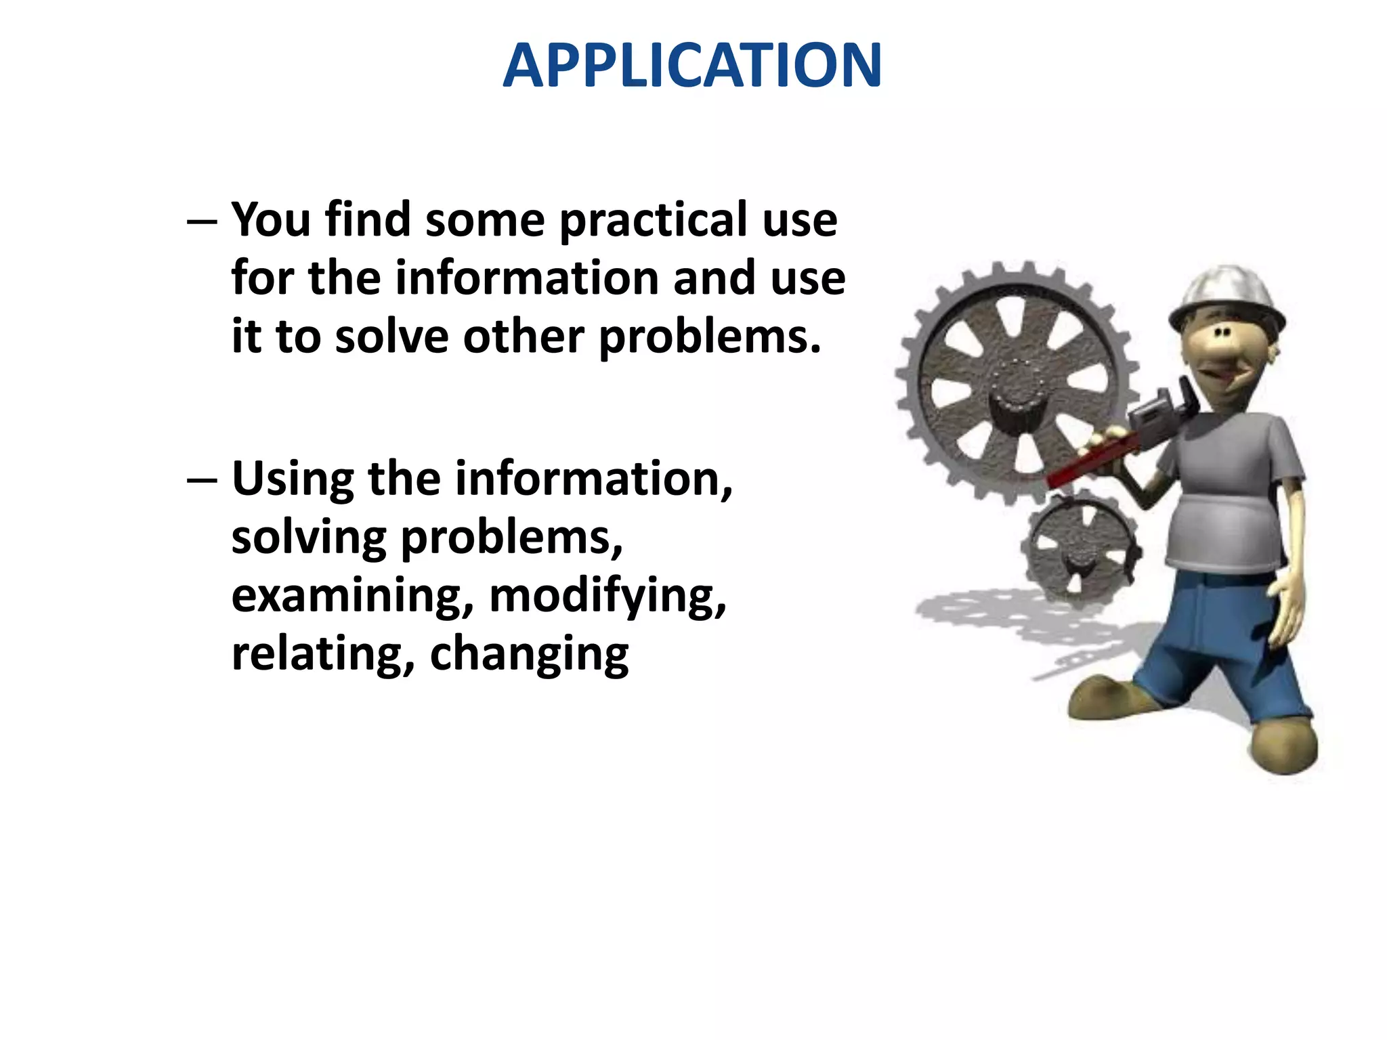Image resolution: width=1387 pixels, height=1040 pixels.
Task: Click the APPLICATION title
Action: click(691, 66)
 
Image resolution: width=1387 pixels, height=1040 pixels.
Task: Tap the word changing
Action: click(529, 653)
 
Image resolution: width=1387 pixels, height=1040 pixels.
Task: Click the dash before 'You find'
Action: click(202, 222)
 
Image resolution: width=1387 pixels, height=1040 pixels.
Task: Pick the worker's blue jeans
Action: click(1219, 650)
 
